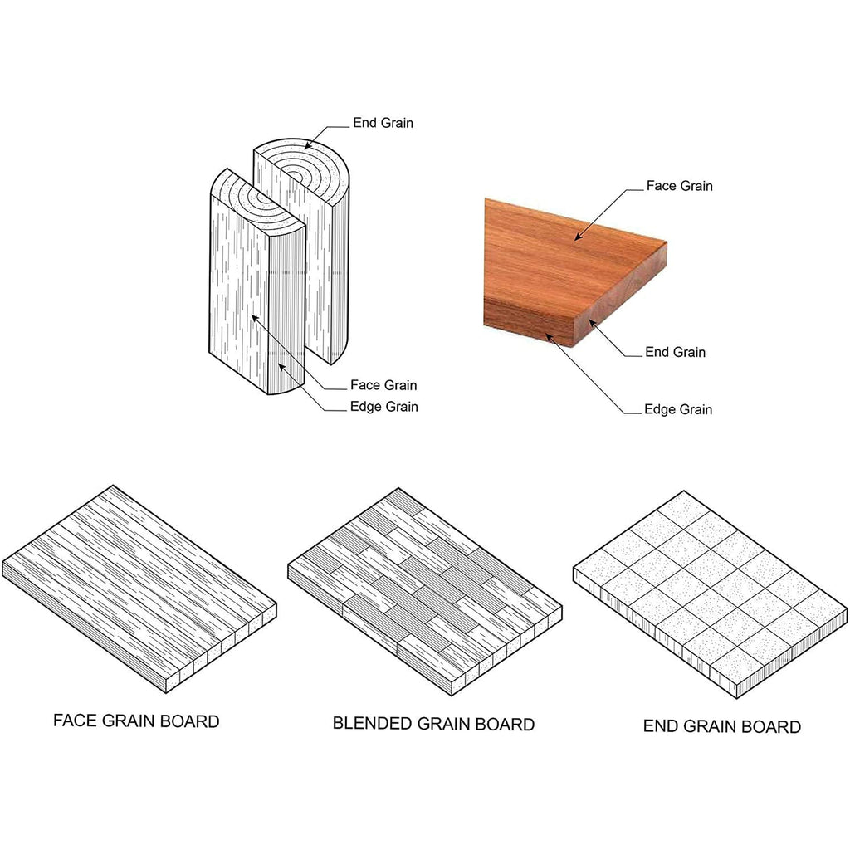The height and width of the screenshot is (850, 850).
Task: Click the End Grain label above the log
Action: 383,123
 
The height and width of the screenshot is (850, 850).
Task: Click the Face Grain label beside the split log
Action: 383,385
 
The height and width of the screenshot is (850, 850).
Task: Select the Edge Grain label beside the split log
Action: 383,407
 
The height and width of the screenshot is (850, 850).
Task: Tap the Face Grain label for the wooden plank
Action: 679,186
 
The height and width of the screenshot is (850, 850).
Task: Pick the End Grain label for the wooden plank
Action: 675,352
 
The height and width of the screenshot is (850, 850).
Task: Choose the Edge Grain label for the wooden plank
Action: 678,409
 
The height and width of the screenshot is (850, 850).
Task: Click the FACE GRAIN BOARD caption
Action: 136,721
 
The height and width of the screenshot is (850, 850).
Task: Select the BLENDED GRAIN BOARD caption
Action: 433,724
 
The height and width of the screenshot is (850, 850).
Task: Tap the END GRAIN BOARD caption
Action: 722,726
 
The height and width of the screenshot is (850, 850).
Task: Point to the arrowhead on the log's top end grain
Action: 307,146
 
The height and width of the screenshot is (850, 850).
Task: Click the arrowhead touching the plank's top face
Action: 579,237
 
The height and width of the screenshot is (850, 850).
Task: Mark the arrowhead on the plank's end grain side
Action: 593,324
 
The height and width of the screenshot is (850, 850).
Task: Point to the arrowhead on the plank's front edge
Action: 549,338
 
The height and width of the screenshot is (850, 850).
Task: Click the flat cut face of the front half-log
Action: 238,293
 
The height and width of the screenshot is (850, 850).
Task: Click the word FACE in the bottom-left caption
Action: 75,721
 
